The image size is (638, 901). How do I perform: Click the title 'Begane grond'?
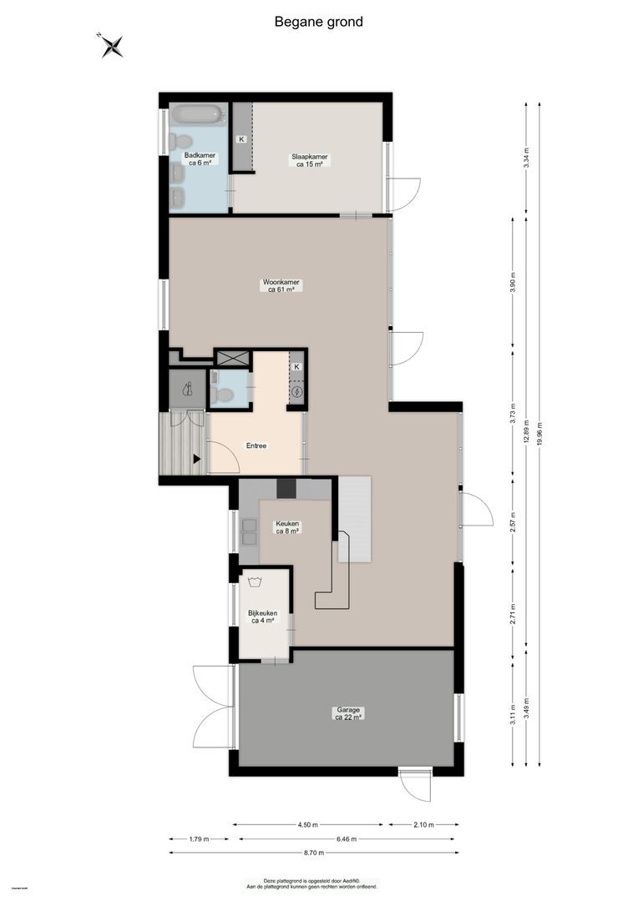(318, 23)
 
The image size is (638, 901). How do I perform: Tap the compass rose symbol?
(112, 46)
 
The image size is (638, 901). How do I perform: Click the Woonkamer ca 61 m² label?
(281, 286)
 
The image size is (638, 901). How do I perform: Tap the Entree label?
(256, 446)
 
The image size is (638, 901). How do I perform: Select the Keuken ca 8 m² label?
(287, 528)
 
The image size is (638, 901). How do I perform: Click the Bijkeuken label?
(262, 617)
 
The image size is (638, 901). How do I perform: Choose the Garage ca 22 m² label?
(347, 713)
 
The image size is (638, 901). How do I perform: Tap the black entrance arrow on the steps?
(197, 458)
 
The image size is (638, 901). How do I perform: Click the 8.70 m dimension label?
(313, 853)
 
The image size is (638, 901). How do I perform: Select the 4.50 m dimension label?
(307, 825)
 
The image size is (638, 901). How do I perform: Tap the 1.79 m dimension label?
(199, 839)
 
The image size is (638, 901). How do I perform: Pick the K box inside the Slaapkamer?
(242, 138)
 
